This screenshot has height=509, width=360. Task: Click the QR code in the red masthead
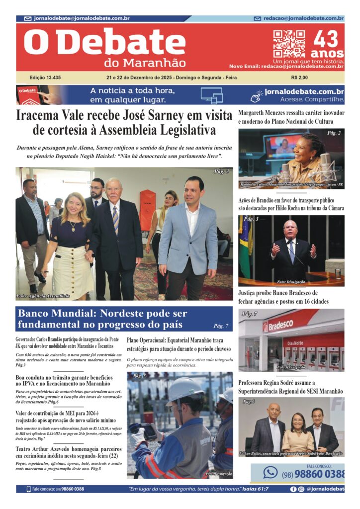point(289,44)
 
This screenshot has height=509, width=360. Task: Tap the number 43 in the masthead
point(326,39)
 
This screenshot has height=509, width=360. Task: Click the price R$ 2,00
point(299,78)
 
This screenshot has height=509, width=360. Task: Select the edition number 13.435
point(45,78)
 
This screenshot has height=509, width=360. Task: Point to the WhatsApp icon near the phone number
point(270,472)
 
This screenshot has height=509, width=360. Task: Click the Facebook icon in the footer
point(293,489)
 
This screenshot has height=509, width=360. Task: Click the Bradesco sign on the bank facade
point(279,327)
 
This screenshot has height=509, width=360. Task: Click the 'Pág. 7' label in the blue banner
point(221,326)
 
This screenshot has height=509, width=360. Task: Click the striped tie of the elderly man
point(115,219)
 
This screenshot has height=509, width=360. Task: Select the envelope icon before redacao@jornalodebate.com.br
point(258,18)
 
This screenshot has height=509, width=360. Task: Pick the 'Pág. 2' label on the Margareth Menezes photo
point(334,133)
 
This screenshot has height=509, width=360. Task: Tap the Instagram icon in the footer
point(301,489)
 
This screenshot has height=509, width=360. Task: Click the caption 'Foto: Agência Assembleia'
point(43,296)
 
